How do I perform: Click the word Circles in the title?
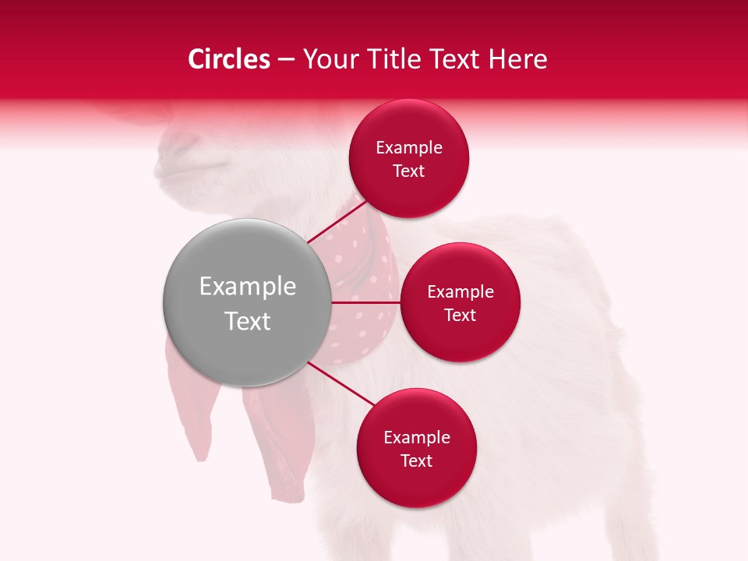point(229,59)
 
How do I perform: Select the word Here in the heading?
point(519,59)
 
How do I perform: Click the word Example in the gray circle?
point(248,287)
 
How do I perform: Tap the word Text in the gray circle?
point(248,321)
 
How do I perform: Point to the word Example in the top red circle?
point(409,148)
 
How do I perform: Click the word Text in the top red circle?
point(409,171)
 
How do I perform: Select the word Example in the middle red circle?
point(460,292)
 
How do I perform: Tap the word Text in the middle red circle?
point(460,316)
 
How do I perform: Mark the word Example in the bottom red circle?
point(417,438)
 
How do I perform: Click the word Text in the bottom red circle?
point(417,461)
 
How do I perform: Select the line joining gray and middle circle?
point(366,302)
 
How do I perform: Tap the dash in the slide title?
point(286,60)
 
